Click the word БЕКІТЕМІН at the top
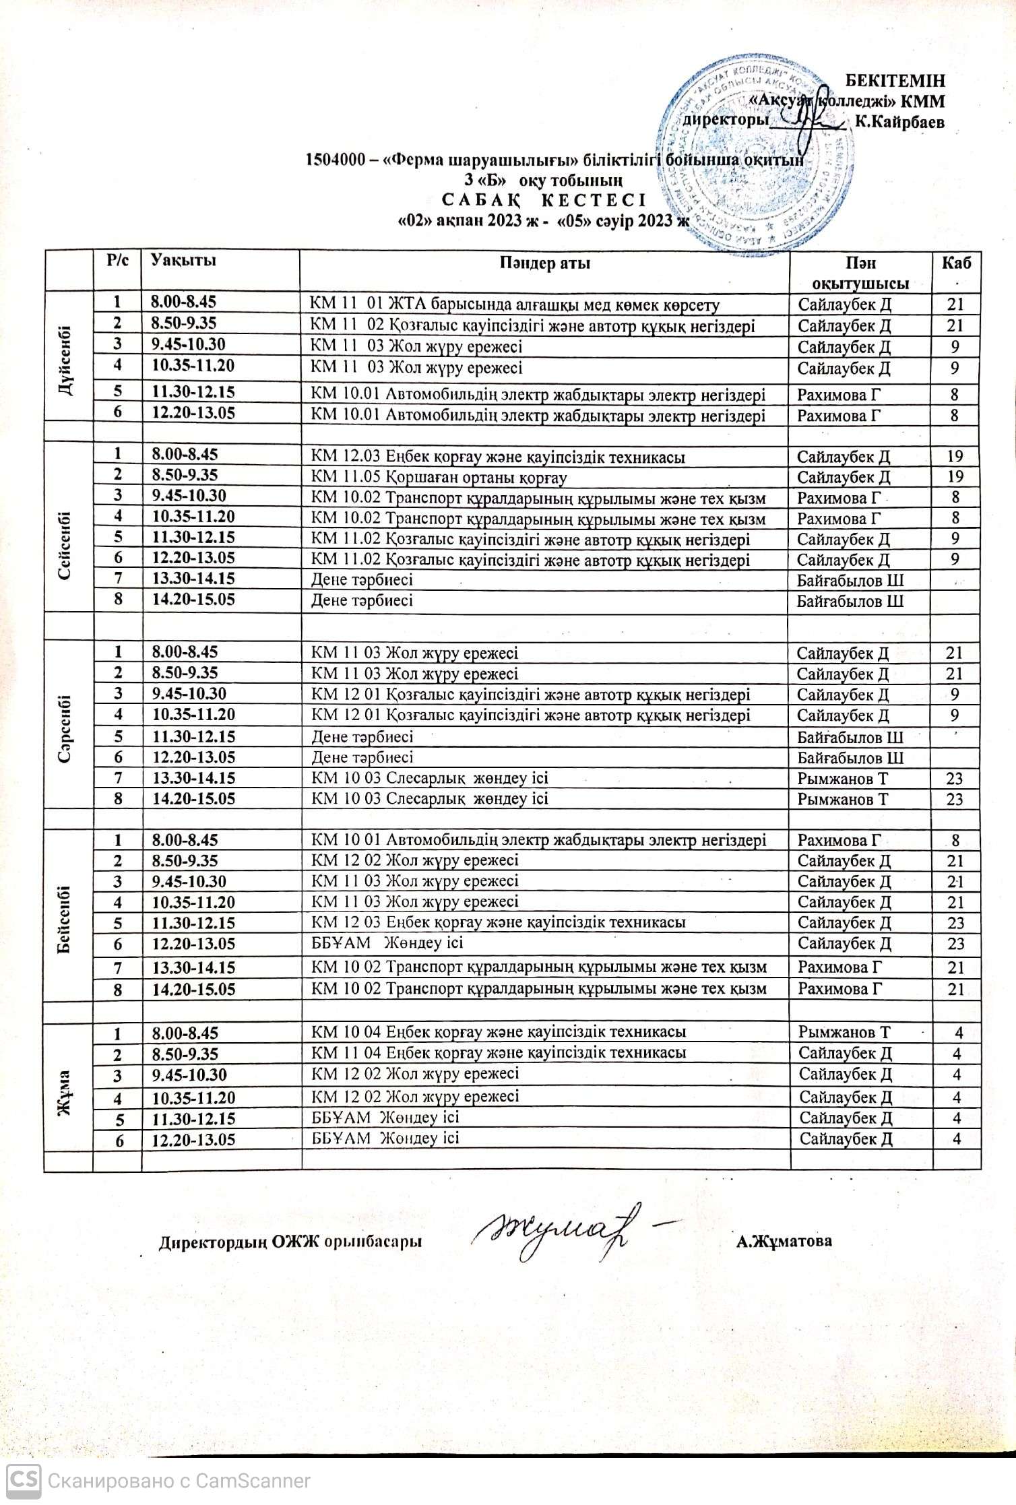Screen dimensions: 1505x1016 tap(895, 81)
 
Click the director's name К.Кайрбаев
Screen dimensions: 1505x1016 tap(899, 123)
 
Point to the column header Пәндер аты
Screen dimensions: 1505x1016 tap(544, 263)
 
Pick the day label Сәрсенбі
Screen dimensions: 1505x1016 tap(67, 726)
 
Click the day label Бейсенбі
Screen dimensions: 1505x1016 tap(67, 914)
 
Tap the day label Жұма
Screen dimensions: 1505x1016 tap(67, 1094)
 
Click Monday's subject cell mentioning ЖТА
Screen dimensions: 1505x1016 tap(515, 305)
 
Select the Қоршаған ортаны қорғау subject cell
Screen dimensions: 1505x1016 tap(439, 478)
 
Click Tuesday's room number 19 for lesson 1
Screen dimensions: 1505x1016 tap(955, 457)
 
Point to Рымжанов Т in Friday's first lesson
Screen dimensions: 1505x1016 tap(844, 1032)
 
